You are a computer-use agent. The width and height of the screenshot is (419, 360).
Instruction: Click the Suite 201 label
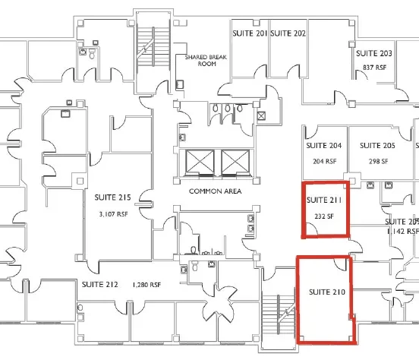click(x=250, y=33)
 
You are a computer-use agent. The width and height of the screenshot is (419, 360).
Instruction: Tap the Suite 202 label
click(x=288, y=33)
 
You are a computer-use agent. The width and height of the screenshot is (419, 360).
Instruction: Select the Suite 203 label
click(x=374, y=53)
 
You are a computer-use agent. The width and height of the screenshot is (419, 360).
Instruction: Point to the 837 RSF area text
click(x=374, y=68)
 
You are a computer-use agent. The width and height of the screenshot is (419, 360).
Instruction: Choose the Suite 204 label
click(x=324, y=145)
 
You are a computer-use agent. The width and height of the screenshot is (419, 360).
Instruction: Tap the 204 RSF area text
click(x=324, y=161)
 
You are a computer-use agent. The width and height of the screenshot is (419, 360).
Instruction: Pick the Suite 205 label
click(x=378, y=145)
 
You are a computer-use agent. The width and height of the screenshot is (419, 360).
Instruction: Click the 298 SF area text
click(x=378, y=161)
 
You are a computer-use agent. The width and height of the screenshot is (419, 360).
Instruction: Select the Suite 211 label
click(x=324, y=201)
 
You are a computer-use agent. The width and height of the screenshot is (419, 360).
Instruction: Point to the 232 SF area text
click(x=324, y=216)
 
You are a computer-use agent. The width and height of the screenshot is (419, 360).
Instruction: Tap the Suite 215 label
click(x=113, y=197)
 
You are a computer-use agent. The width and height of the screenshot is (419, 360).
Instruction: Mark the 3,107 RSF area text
click(x=113, y=214)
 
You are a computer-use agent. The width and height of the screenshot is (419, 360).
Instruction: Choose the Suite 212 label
click(x=99, y=285)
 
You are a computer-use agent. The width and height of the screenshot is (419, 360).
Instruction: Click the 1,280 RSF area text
click(x=146, y=285)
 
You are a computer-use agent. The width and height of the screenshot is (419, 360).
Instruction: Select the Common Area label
click(x=215, y=191)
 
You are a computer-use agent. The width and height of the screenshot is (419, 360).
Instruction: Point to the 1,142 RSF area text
click(x=402, y=229)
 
